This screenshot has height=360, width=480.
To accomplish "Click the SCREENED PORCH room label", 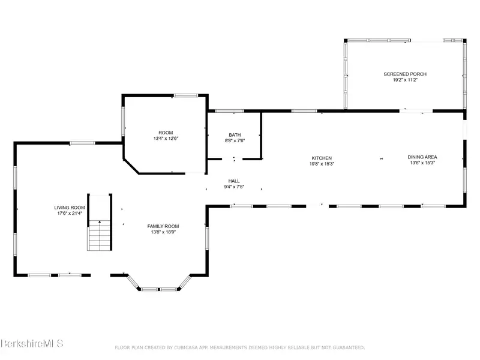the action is pos(405,74).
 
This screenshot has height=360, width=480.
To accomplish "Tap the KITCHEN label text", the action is pos(322,158).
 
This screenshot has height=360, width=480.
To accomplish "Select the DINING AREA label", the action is pos(422,157).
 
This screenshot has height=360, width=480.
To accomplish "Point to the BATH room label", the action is pos(235,135).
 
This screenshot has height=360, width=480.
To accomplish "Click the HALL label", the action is pos(234,181).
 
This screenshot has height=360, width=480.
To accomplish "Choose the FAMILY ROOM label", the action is pos(163,226).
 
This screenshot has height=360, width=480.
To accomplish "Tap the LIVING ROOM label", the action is pos(70,208).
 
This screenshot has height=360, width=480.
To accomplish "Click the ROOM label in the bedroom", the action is pos(166,133).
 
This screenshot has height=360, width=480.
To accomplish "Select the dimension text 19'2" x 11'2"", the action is pos(405,80).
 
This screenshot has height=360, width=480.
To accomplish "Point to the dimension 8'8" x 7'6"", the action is pos(235,141).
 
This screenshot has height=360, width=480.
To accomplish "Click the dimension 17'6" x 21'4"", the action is pos(70,214).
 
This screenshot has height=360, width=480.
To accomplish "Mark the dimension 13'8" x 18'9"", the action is pos(163,232).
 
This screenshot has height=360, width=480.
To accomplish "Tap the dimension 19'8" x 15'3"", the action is pos(322,164).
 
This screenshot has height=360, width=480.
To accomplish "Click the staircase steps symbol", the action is pos(100,235).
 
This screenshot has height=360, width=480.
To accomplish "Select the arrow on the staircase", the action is pos(100,221).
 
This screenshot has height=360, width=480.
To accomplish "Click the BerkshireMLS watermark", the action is pos(32,343).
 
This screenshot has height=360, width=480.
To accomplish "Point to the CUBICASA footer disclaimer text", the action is pos(239,348).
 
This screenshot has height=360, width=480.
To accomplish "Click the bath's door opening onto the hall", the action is pos(233,159).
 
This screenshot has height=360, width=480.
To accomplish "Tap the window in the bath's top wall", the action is pos(229,111).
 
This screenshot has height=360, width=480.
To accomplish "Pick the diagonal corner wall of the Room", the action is pos(131,167).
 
